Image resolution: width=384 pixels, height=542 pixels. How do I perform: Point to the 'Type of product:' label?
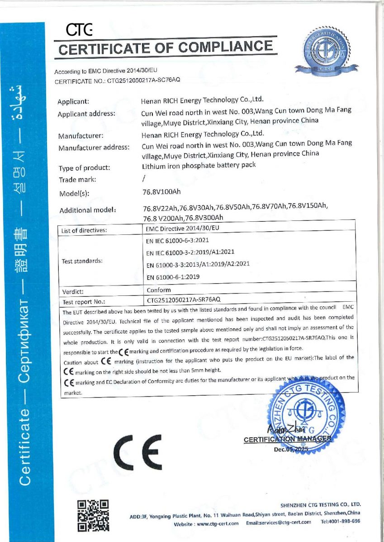tap(85, 168)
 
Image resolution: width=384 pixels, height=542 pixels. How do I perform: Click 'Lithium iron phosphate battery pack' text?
tap(199, 165)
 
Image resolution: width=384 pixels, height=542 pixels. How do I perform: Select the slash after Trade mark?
tap(144, 179)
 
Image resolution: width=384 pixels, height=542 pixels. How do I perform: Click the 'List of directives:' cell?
tap(84, 231)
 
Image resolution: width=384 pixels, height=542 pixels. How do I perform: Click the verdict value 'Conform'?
tap(159, 290)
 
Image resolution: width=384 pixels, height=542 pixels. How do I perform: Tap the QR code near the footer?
tap(93, 515)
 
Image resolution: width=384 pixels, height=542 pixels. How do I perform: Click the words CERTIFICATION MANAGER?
tap(287, 439)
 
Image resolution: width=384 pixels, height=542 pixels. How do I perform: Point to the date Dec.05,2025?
tap(290, 449)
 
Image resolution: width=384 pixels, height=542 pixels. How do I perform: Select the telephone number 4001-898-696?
tap(347, 522)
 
